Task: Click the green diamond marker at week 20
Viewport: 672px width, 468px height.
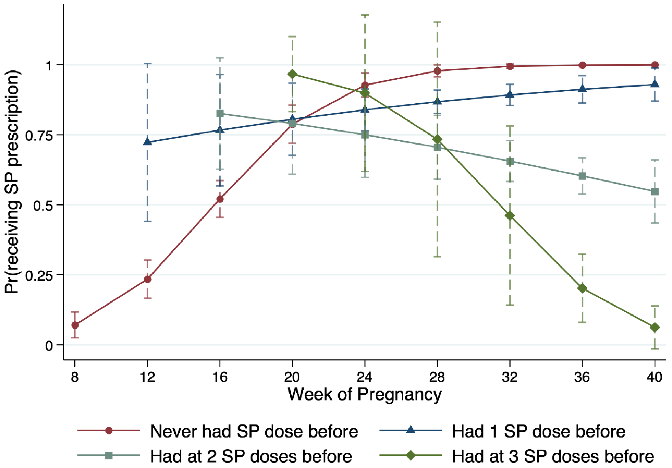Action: (292, 74)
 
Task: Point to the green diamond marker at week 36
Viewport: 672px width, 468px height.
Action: (582, 289)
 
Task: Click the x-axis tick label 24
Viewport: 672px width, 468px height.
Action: (364, 377)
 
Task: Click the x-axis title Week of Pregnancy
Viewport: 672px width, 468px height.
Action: (364, 395)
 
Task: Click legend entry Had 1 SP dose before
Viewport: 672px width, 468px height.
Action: (538, 431)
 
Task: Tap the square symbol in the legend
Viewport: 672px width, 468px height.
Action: (109, 455)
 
